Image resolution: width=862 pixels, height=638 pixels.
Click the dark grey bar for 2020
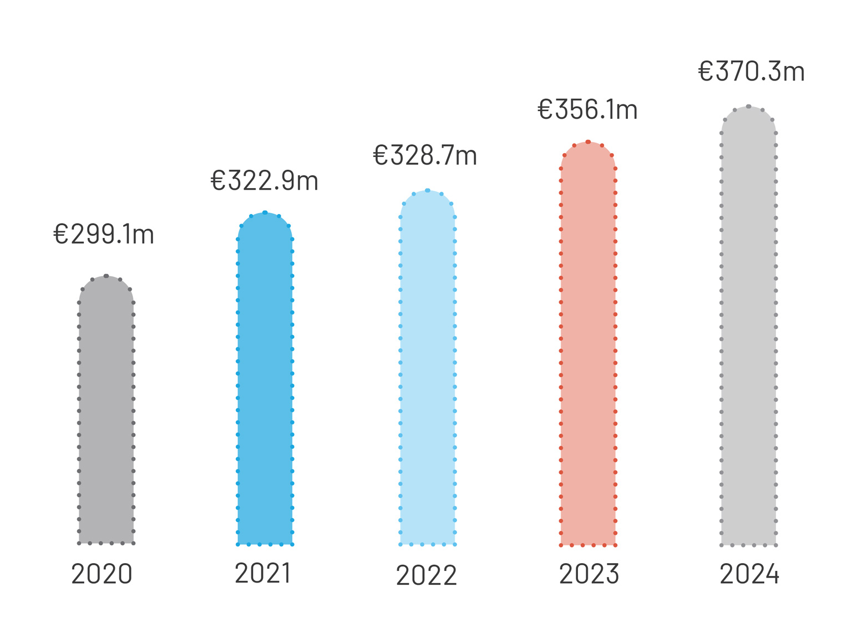click(x=106, y=411)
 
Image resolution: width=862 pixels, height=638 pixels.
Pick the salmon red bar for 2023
click(x=588, y=344)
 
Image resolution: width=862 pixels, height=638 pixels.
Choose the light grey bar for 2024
click(x=748, y=327)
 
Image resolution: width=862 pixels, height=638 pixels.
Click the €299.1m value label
click(x=104, y=234)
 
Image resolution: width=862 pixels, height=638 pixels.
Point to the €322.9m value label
click(x=265, y=181)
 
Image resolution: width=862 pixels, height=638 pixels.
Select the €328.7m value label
click(x=425, y=155)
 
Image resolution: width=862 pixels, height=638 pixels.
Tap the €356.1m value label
click(x=587, y=110)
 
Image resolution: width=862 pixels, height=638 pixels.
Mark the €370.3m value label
click(x=751, y=72)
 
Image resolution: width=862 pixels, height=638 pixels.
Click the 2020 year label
click(x=102, y=574)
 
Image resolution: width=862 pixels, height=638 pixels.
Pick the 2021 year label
click(x=263, y=573)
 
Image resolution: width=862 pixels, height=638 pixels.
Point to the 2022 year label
click(x=427, y=575)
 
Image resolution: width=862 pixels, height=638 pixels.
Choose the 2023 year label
click(x=589, y=574)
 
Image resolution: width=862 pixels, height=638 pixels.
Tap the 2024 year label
click(x=749, y=574)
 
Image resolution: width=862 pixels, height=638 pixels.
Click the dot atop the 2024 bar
click(x=748, y=107)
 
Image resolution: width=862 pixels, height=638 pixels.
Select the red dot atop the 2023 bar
click(x=588, y=142)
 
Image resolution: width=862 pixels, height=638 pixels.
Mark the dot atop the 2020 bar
click(x=106, y=276)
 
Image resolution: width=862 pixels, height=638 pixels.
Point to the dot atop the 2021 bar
click(x=265, y=212)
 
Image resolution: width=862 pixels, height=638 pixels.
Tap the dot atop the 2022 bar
click(x=428, y=190)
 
